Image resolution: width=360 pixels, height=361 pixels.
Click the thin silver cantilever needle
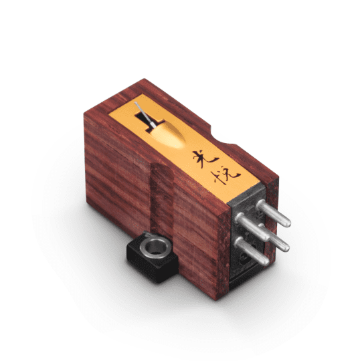(x=143, y=114)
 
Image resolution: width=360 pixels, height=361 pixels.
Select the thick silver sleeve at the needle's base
(x=153, y=125)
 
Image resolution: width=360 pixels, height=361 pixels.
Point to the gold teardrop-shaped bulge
(x=167, y=136)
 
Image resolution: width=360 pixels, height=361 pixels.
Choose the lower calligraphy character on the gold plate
(x=224, y=176)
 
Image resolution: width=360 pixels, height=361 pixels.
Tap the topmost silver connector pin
(x=274, y=213)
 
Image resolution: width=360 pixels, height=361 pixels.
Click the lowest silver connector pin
(x=252, y=251)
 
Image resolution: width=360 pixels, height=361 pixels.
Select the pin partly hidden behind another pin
(x=276, y=238)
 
